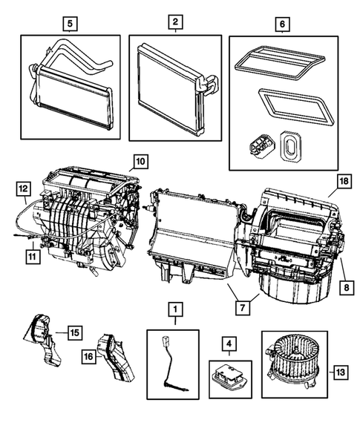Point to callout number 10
pyautogui.click(x=140, y=160)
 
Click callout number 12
pyautogui.click(x=23, y=189)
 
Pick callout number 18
pyautogui.click(x=344, y=180)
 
